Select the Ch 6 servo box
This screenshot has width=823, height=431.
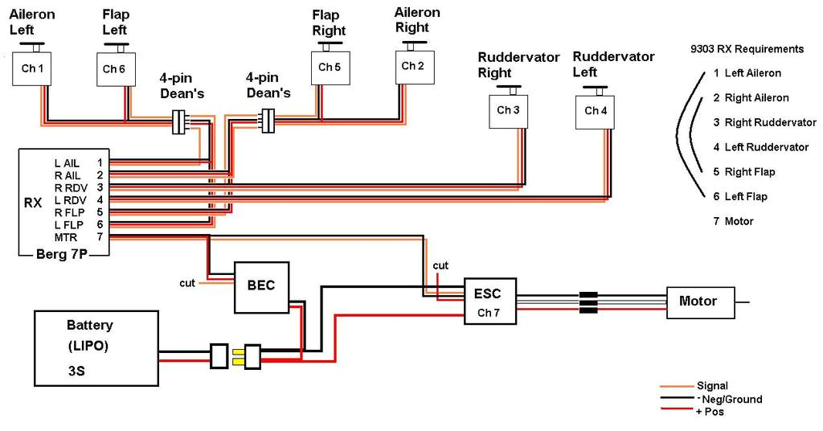[114, 69]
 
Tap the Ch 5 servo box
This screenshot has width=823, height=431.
[330, 68]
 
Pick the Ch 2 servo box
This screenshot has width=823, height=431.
[412, 67]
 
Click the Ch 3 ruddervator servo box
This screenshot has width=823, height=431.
[508, 110]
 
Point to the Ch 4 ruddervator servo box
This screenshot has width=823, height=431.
[595, 111]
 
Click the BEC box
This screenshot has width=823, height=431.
[261, 286]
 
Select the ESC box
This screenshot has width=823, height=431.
[489, 301]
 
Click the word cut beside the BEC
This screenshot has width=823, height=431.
[187, 282]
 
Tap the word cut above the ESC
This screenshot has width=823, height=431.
[440, 265]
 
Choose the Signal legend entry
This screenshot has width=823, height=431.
[712, 386]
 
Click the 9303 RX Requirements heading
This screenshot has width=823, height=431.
[747, 49]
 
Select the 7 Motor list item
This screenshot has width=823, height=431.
[733, 221]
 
